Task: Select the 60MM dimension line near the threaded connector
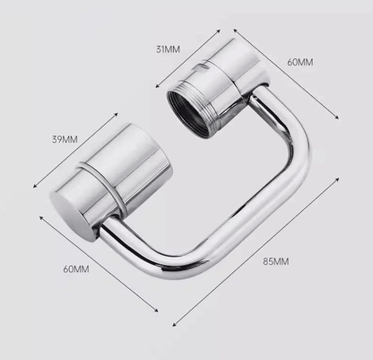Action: (x=287, y=75)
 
